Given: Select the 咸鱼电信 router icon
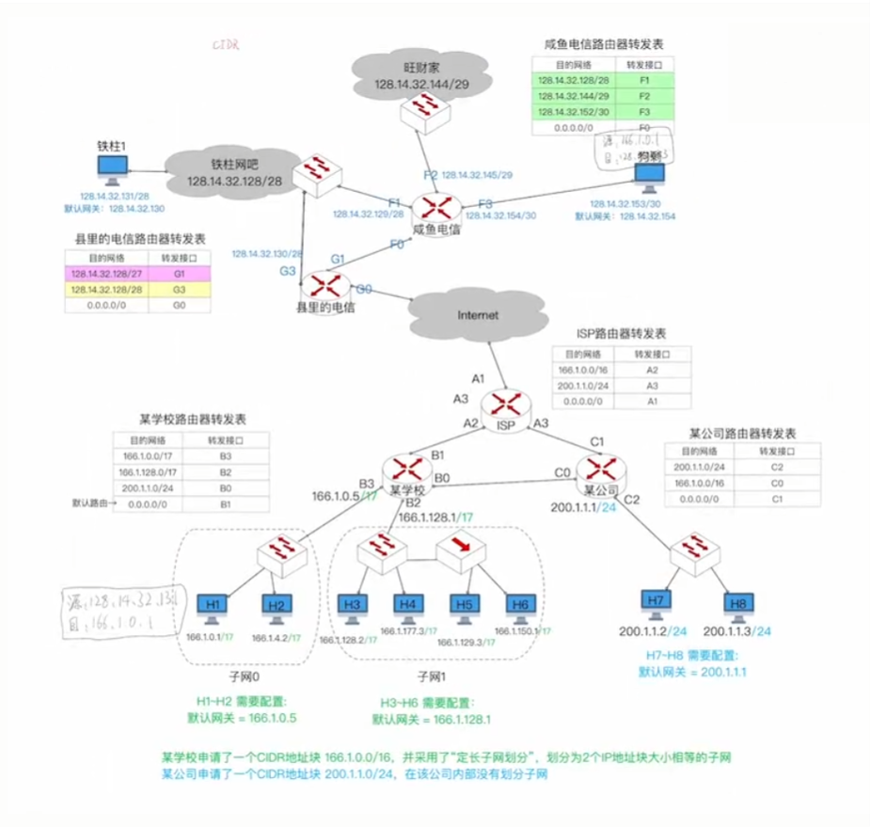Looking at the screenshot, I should [x=436, y=207].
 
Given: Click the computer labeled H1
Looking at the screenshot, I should [x=213, y=605].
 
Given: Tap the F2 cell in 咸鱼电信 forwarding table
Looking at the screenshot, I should [x=643, y=96].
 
